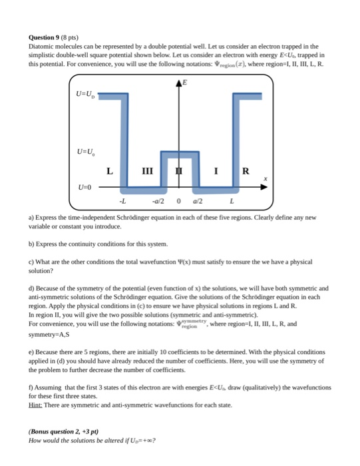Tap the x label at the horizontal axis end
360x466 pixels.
(x=266, y=178)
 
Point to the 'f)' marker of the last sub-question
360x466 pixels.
(x=31, y=386)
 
